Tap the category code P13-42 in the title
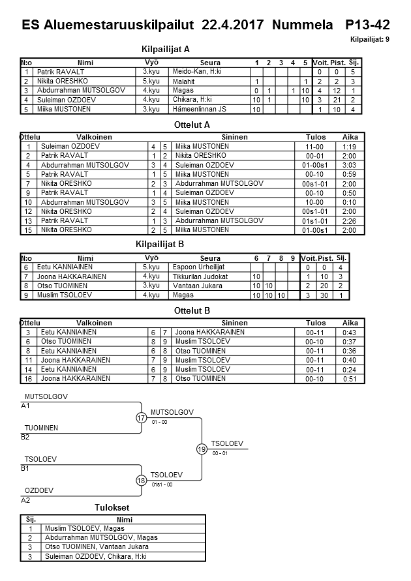(x=368, y=25)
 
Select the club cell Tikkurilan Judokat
(x=199, y=276)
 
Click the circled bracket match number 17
(x=142, y=418)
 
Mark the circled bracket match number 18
(x=142, y=481)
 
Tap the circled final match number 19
(x=202, y=449)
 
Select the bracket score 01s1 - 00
(x=162, y=484)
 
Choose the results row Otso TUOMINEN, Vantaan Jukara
(x=96, y=546)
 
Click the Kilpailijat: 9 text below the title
(x=370, y=40)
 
